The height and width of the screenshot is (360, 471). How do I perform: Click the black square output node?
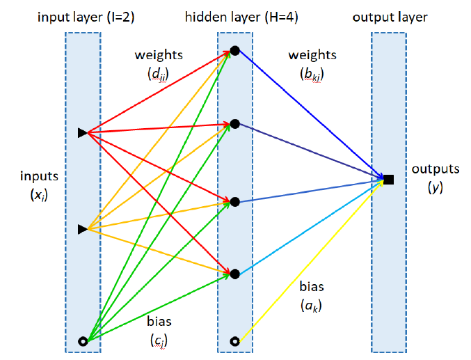coord(389,180)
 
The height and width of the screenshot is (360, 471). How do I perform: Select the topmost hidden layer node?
coord(235,50)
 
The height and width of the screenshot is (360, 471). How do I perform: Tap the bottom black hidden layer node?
coord(235,274)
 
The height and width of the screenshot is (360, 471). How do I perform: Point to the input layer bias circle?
coord(83,341)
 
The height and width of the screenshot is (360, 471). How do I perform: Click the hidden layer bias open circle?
coord(235,341)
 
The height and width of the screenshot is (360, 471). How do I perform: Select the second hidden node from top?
coord(235,124)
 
